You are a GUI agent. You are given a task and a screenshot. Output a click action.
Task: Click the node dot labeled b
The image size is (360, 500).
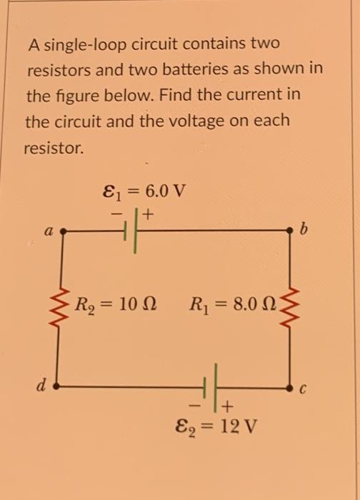point(291,231)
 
